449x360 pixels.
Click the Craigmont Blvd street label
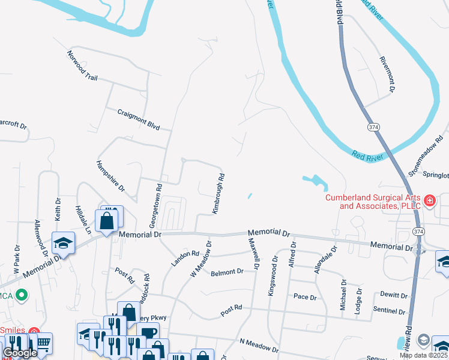click(x=139, y=119)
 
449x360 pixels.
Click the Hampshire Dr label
click(x=110, y=176)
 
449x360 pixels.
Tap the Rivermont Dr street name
click(x=387, y=74)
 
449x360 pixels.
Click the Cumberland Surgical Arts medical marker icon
click(x=430, y=201)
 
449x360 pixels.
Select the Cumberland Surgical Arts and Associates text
click(x=373, y=202)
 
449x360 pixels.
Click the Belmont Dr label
click(x=227, y=272)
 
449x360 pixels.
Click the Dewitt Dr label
click(x=394, y=295)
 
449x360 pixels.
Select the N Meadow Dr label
click(x=259, y=345)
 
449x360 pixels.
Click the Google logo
click(x=20, y=353)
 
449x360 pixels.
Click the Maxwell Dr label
click(x=253, y=253)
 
